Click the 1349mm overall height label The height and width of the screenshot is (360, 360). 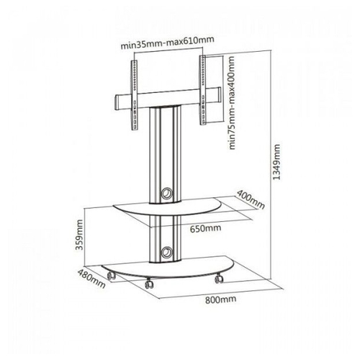[276, 162]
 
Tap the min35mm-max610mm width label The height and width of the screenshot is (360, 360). [167, 43]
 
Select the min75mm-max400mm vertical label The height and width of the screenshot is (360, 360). [232, 103]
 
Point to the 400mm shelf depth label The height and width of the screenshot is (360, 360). [251, 199]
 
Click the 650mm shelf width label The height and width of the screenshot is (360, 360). [206, 228]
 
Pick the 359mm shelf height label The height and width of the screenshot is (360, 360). [79, 235]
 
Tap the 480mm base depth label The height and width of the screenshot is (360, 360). [91, 279]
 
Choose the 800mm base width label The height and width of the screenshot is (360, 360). [220, 300]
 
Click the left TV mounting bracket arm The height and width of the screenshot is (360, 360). [135, 95]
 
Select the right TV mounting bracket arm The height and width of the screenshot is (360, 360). [202, 90]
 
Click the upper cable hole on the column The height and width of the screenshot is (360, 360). [166, 194]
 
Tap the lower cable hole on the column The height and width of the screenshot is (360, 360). [166, 252]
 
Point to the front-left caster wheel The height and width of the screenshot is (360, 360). [111, 276]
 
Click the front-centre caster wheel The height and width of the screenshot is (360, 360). [149, 284]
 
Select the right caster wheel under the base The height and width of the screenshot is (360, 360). [219, 279]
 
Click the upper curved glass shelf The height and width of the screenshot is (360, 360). [168, 206]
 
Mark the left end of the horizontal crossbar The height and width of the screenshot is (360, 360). [116, 103]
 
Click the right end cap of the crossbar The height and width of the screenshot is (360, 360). [219, 95]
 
